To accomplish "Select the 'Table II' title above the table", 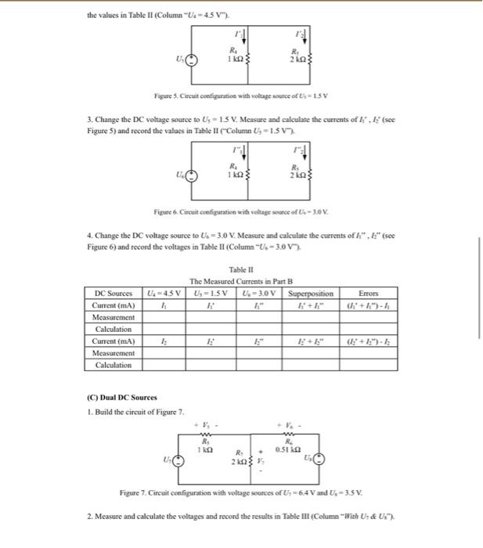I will tap(241, 270).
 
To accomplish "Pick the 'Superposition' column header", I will tap(311, 294).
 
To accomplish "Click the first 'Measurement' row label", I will tap(114, 318).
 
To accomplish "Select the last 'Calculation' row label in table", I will tap(114, 366).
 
